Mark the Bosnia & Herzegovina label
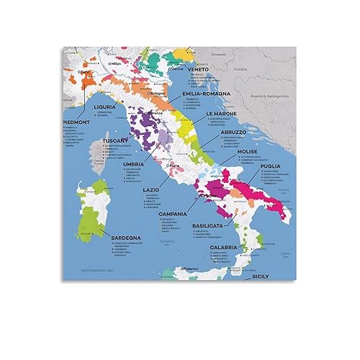click(276, 96)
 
